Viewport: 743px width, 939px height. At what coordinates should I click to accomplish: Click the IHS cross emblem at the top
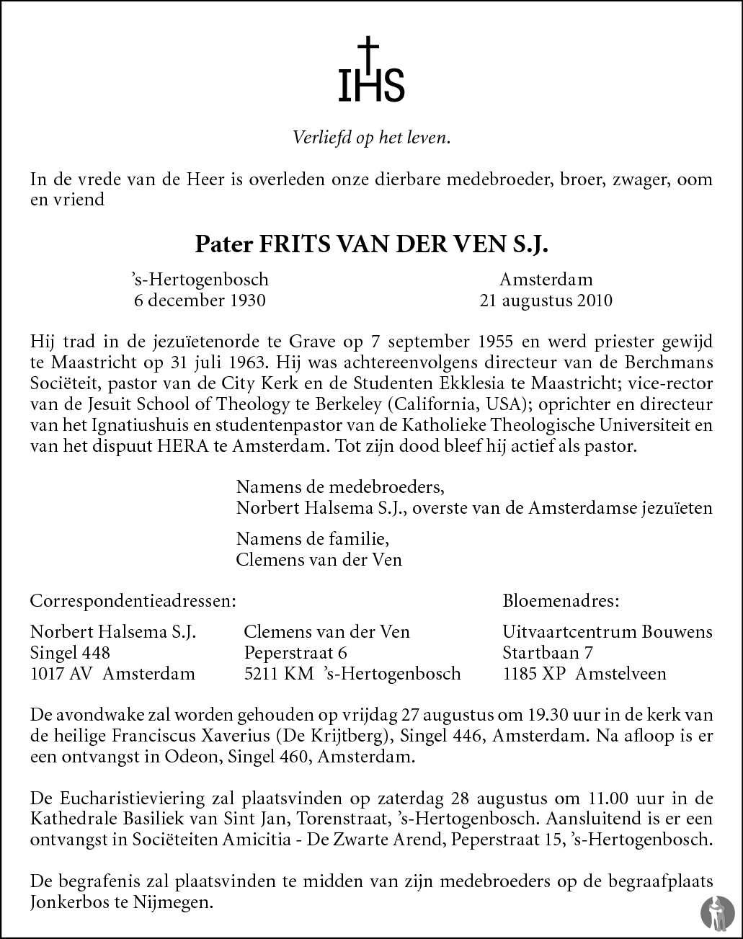pos(371,71)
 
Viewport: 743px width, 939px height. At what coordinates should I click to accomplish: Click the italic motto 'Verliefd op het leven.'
pos(371,138)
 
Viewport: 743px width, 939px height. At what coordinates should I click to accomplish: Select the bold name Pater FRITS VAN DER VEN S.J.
pos(371,245)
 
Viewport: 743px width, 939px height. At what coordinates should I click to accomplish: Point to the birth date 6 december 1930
pos(200,300)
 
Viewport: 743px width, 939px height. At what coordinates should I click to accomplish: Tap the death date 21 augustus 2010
pos(546,300)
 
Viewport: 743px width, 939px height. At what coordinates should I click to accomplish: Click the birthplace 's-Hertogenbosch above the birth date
pos(200,280)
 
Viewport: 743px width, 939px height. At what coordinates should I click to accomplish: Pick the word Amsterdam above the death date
pos(546,280)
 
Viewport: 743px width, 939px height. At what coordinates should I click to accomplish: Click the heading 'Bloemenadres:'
pos(560,600)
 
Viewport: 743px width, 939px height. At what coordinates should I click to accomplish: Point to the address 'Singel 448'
pos(71,653)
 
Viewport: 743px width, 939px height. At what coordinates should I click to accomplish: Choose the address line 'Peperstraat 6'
pos(295,653)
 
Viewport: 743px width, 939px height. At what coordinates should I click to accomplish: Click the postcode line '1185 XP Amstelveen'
pos(584,674)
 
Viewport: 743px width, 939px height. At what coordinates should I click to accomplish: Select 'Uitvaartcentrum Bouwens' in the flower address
pos(607,632)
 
